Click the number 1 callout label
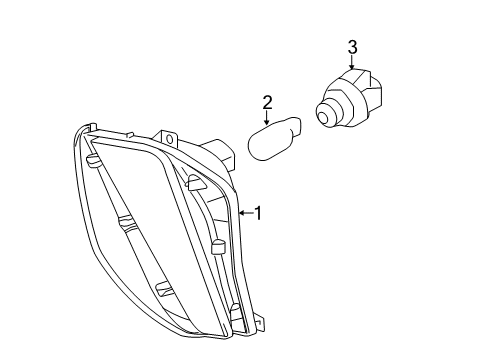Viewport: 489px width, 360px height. coord(258,212)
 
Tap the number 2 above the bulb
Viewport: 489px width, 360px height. coord(267,102)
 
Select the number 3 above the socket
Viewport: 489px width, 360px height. coord(352,46)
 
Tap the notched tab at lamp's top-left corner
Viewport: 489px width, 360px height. coord(91,128)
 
